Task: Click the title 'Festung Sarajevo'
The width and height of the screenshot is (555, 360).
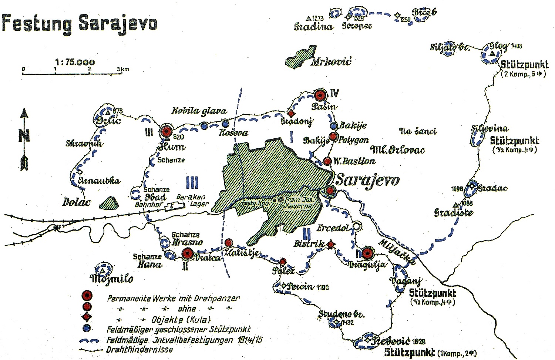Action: point(80,23)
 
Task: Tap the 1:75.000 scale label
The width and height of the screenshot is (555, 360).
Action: point(75,62)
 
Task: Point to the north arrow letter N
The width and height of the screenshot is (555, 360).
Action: point(24,136)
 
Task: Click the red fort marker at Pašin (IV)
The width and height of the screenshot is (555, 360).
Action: point(320,95)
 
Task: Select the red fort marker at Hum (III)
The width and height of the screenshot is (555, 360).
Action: point(166,131)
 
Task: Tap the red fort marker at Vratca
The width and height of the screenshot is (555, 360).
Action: point(187,253)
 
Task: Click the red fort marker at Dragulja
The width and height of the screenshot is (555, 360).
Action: point(367,253)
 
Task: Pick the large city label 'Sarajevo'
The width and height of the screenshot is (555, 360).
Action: point(367,180)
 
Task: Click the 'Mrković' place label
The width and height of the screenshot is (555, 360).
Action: point(331,61)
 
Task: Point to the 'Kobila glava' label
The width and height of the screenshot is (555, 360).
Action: point(199,111)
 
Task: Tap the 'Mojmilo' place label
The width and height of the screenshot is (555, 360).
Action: point(111,278)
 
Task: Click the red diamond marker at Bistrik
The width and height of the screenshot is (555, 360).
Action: point(331,244)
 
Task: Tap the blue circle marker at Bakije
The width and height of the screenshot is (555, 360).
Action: point(334,126)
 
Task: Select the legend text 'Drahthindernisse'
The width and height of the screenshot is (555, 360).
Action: point(139,349)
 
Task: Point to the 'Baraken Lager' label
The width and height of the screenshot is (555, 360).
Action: point(192,200)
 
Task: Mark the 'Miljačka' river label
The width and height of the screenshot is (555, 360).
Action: point(397,251)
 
